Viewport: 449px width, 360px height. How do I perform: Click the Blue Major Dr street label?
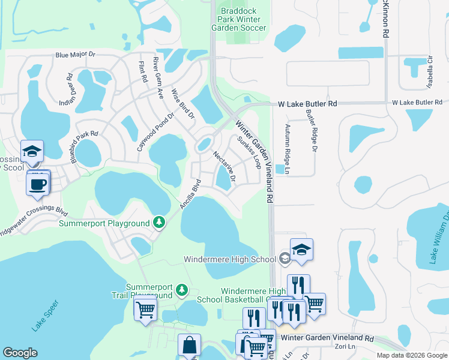(x=75, y=55)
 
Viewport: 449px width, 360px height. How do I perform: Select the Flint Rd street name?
(x=143, y=73)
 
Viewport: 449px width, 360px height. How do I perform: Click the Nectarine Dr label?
(x=224, y=166)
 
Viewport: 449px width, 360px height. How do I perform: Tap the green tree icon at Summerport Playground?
(x=159, y=223)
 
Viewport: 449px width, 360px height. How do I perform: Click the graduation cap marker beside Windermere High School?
(x=301, y=249)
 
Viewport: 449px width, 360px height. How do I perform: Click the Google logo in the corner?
(x=20, y=353)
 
